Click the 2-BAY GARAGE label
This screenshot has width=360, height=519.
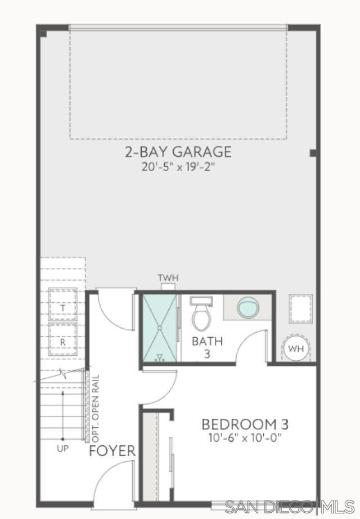[178, 151]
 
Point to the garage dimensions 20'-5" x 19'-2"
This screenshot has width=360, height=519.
[178, 167]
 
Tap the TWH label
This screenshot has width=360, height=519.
[168, 278]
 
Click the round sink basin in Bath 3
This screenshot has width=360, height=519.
[248, 307]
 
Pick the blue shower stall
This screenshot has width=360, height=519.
[160, 328]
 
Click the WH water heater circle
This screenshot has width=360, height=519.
[295, 348]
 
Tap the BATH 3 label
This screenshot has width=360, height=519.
[207, 347]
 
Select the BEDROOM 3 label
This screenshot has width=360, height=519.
[245, 424]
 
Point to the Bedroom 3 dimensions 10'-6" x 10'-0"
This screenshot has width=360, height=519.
[245, 438]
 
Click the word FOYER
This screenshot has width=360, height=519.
[112, 451]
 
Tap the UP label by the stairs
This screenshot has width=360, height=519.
[62, 449]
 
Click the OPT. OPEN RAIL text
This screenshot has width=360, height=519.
[96, 409]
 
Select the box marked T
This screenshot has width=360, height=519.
[63, 305]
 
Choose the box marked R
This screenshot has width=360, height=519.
[63, 339]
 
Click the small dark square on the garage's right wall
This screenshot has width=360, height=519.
[313, 153]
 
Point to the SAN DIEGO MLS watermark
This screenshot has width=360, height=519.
[290, 507]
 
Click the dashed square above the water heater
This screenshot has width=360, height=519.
[301, 309]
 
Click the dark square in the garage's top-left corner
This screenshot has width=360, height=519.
[43, 33]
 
